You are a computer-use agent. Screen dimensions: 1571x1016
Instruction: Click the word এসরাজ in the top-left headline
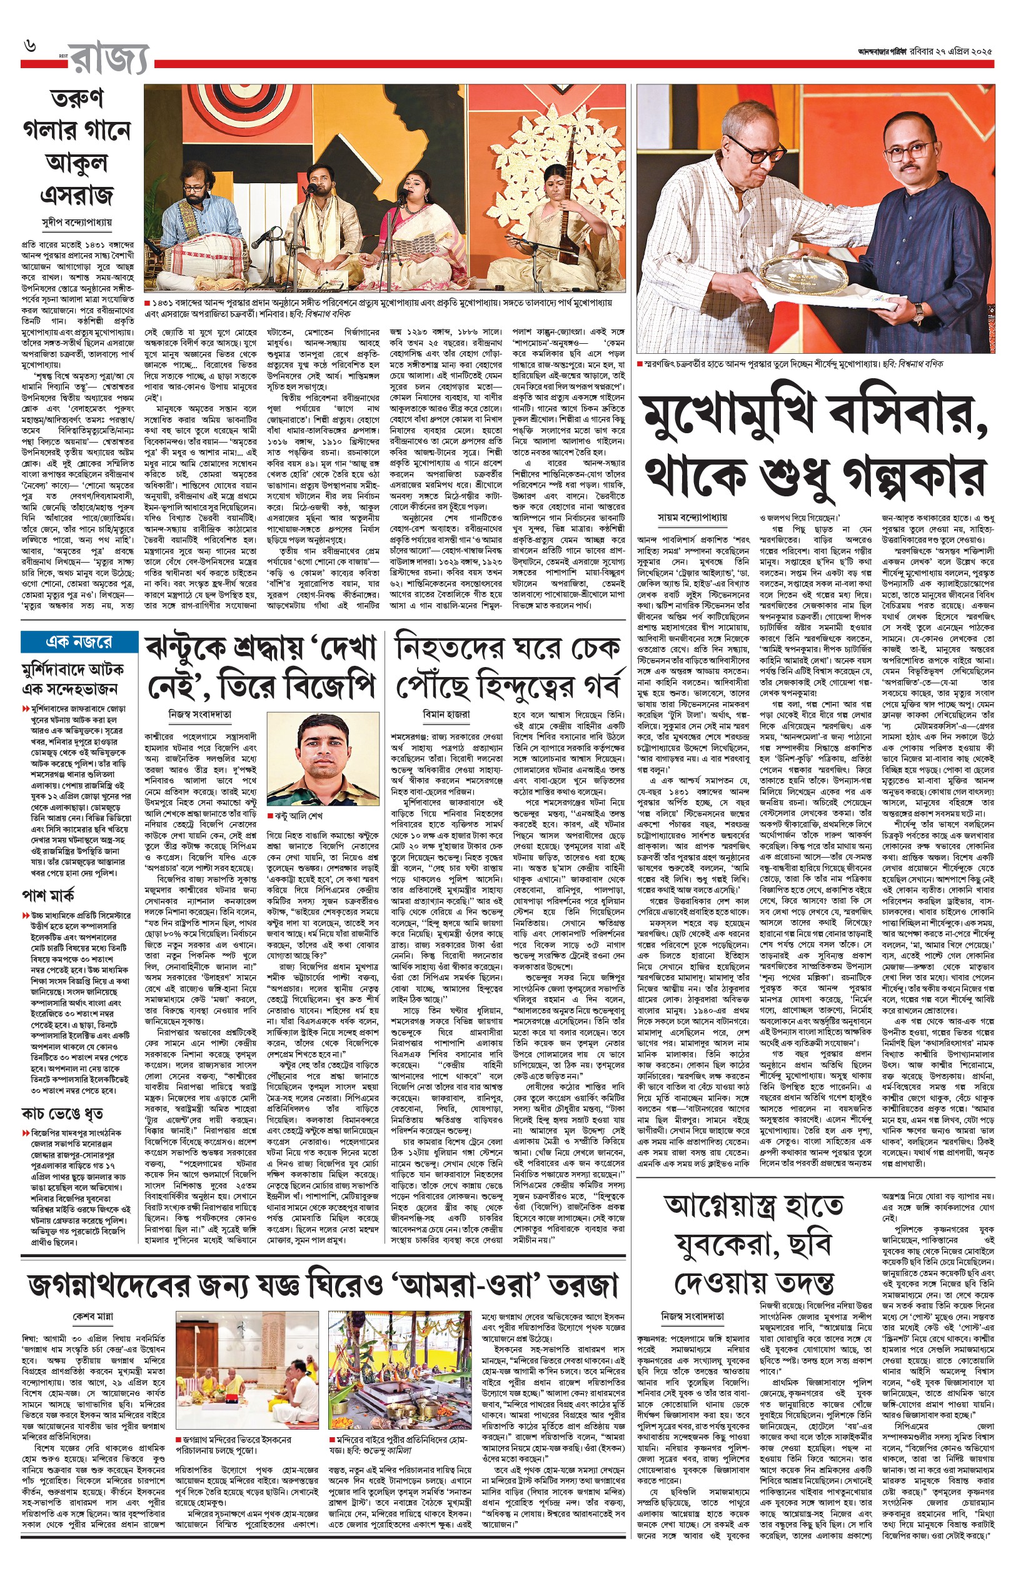pyautogui.click(x=76, y=194)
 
